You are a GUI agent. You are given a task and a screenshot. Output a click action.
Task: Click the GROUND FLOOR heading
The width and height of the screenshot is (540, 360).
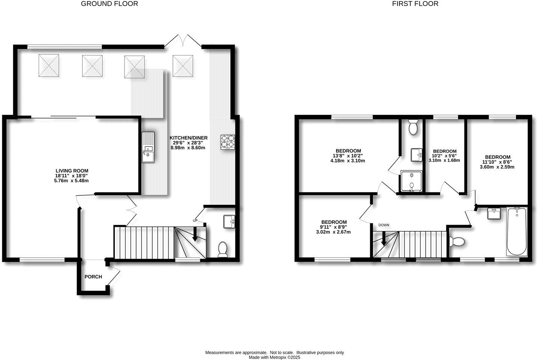pyautogui.click(x=109, y=4)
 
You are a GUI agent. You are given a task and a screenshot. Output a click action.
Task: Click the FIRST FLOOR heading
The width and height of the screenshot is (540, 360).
pyautogui.click(x=415, y=4)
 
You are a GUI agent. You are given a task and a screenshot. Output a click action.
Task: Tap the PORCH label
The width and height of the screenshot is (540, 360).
pyautogui.click(x=93, y=277)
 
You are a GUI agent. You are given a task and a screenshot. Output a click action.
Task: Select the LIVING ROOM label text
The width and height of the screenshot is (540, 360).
pyautogui.click(x=72, y=171)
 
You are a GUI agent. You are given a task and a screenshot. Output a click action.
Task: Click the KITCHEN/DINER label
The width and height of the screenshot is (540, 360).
pyautogui.click(x=188, y=138)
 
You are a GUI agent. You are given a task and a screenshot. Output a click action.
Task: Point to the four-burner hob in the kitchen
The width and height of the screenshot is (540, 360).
pyautogui.click(x=227, y=142)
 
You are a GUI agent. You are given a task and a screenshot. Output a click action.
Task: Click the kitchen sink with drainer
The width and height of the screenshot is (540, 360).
pyautogui.click(x=148, y=147)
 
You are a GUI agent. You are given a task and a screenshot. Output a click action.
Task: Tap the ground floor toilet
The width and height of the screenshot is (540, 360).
pyautogui.click(x=223, y=249)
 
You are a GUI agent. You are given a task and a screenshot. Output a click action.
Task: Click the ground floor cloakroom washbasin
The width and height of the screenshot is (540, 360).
pyautogui.click(x=228, y=221)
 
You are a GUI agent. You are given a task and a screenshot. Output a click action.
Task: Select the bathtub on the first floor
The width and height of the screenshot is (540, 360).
pyautogui.click(x=516, y=232)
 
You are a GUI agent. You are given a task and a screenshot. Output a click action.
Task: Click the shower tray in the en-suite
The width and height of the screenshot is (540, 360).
pyautogui.click(x=412, y=181)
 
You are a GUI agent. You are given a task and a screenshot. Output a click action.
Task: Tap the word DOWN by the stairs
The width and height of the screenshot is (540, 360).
pyautogui.click(x=384, y=225)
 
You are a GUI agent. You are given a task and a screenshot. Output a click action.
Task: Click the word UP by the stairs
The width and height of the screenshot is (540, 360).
pyautogui.click(x=195, y=220)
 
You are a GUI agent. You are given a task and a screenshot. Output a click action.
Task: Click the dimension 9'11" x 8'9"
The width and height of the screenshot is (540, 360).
pyautogui.click(x=333, y=227)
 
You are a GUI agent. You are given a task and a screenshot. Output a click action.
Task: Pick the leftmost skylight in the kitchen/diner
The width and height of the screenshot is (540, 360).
pyautogui.click(x=49, y=66)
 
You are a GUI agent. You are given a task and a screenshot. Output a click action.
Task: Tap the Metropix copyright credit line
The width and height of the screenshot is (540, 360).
pyautogui.click(x=274, y=357)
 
